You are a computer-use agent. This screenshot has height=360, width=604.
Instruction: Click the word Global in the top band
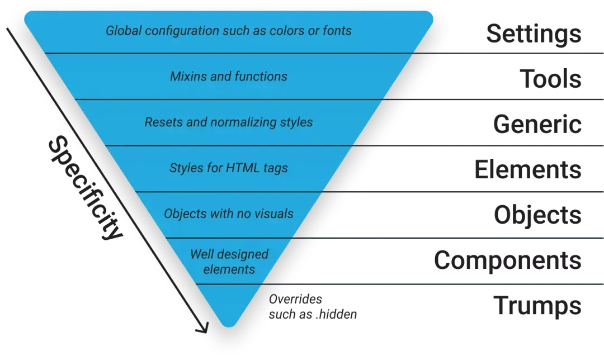point(122,30)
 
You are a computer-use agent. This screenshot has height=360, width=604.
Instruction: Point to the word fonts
point(337,30)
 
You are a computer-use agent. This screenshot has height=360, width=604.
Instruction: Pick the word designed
point(242,255)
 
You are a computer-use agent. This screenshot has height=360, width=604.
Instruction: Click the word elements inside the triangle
point(229,269)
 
